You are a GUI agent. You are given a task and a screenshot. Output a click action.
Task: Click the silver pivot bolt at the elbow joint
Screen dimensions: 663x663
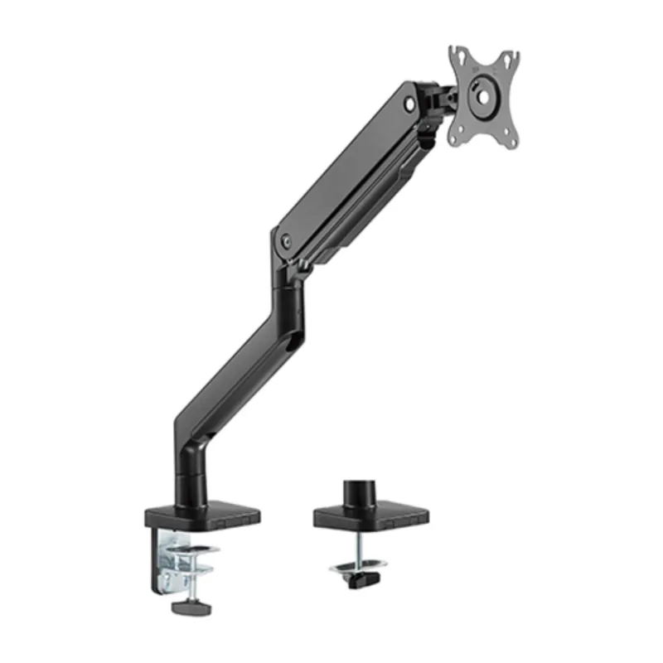(287, 241)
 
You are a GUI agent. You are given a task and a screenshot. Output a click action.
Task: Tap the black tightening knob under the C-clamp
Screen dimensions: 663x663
(190, 607)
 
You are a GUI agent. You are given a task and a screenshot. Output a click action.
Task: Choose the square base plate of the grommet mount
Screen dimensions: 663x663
(370, 516)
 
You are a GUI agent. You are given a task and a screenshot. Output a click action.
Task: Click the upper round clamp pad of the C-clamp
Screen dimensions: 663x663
(200, 551)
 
